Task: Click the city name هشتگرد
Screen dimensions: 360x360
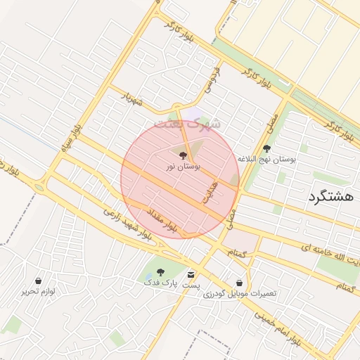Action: point(330,197)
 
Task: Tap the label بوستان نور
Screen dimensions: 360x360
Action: point(184,167)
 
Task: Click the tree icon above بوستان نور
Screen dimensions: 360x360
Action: point(184,155)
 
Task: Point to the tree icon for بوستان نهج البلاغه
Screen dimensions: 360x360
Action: point(266,148)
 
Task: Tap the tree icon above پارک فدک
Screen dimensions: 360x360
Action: point(161,271)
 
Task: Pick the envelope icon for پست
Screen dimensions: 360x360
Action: point(191,274)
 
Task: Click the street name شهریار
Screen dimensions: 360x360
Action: point(131,98)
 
